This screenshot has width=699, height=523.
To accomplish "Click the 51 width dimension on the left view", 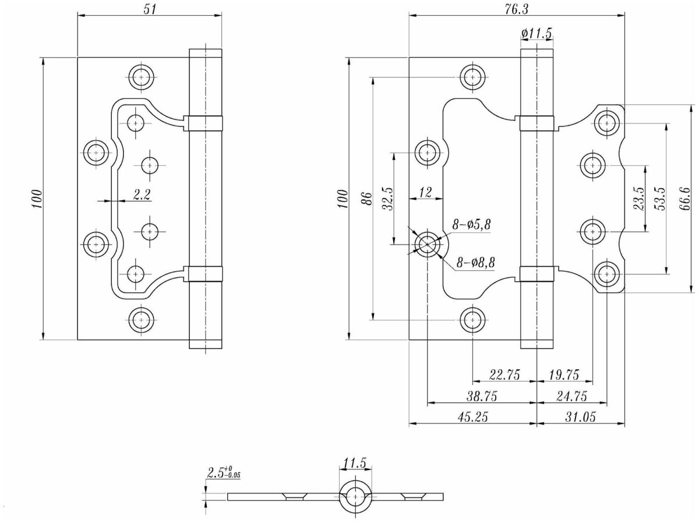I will [x=150, y=8].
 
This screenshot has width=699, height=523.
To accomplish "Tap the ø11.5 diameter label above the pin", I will [x=536, y=34].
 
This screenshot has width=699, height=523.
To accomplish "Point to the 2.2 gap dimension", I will [x=142, y=195].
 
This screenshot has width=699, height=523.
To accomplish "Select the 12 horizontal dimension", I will [x=425, y=192].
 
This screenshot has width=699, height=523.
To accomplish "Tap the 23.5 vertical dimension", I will [x=639, y=199].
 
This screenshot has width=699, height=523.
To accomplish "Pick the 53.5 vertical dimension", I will [x=660, y=199].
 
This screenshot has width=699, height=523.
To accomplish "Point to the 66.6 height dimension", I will [x=685, y=199].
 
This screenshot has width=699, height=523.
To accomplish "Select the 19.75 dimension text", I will [x=564, y=374].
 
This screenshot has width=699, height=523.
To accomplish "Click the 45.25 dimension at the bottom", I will [x=472, y=417].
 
